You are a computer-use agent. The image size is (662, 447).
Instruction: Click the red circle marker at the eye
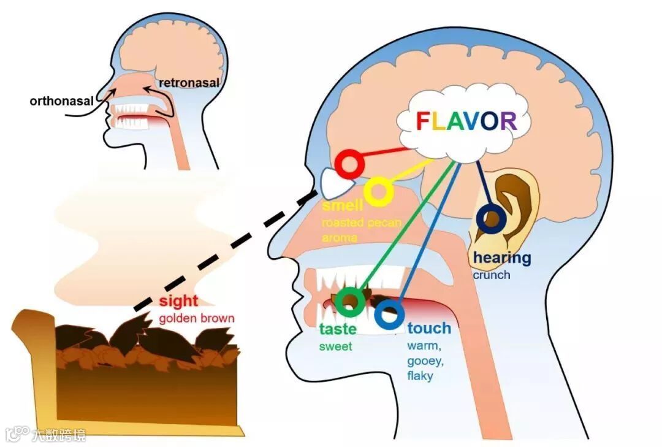pos(349,164)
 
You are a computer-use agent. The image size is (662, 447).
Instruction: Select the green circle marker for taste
pos(350,301)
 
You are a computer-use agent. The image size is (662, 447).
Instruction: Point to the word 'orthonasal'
pos(60,100)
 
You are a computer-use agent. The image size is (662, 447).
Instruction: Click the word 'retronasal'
pos(189,82)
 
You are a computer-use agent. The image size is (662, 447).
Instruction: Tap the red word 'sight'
pos(178,301)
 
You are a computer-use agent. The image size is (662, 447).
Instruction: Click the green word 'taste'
pos(338,329)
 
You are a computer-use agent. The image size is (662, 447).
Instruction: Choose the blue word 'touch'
pos(429,329)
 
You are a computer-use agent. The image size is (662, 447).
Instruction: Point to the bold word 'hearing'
pos(502,258)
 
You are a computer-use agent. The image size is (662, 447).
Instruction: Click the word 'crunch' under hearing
pos(491,275)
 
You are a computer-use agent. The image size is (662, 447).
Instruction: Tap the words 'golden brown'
pos(196,319)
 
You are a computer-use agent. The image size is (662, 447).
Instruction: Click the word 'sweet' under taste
pos(335,347)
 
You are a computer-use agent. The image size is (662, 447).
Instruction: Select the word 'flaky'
pos(420,376)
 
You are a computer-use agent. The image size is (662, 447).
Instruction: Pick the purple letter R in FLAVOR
pos(507,121)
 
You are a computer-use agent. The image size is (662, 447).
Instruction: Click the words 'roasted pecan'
pos(361,222)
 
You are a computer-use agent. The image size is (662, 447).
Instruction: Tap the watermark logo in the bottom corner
pos(18,434)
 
